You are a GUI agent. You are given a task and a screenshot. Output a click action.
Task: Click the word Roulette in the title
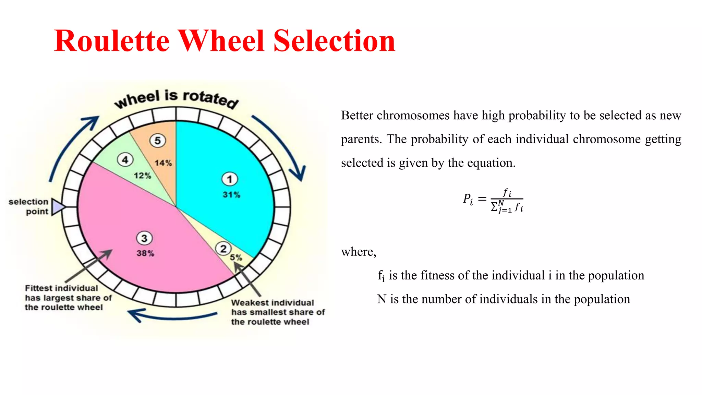[112, 41]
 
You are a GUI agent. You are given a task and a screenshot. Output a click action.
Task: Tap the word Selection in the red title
[334, 41]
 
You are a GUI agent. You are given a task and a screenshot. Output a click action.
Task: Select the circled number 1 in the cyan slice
[229, 179]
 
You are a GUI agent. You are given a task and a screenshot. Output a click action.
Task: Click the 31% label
[231, 195]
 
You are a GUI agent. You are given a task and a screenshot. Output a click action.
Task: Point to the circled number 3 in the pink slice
[144, 238]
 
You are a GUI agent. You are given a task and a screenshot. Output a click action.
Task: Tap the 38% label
[145, 253]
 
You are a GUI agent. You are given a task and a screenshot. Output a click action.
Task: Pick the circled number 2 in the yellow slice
[223, 249]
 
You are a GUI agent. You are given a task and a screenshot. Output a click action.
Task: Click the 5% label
[236, 258]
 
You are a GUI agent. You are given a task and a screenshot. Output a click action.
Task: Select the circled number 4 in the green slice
[125, 159]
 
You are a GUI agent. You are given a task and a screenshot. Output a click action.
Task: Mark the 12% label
[142, 176]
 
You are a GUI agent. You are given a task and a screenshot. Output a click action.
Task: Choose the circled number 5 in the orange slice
[157, 140]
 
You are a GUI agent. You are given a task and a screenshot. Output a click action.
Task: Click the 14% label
[163, 163]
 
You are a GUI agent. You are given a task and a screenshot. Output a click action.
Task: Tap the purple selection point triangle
[58, 207]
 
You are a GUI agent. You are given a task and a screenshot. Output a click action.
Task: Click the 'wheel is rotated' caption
[176, 98]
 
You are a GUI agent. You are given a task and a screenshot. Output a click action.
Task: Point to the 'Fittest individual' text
[61, 288]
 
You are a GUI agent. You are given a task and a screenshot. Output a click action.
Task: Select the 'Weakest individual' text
[273, 303]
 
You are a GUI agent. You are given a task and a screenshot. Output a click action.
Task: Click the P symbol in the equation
[467, 198]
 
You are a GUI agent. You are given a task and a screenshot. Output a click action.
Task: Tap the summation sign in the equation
[494, 207]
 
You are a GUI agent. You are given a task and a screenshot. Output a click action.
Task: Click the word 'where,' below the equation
[359, 252]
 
